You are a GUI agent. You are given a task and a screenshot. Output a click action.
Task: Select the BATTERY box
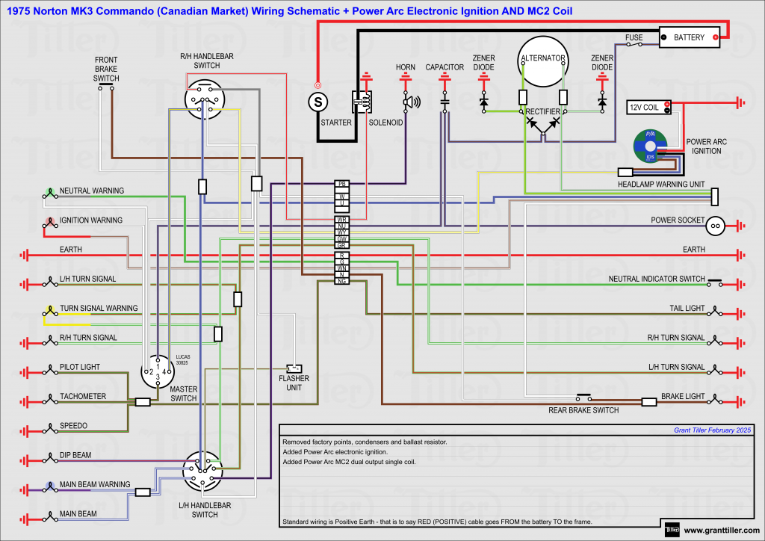coord(689,37)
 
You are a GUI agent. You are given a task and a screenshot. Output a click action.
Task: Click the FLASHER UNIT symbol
coord(294,368)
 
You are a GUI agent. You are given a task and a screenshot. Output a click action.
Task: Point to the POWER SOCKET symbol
coord(715,224)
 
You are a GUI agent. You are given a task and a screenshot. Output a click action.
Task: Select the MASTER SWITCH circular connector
coord(158,371)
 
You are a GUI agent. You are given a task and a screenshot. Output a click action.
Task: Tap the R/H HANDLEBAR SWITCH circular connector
coord(205,99)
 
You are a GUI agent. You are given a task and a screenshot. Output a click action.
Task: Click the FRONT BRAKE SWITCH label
coord(106,68)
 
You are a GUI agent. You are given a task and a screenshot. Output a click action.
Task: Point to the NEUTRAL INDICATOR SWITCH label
coord(657,279)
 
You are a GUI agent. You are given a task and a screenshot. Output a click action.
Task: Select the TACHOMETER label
coord(83,396)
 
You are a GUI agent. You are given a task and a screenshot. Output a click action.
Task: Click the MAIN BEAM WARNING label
coord(95,484)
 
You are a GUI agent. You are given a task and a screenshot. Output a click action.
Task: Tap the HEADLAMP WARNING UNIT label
coord(661,184)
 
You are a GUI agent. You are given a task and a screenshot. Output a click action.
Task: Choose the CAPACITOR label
coord(445,67)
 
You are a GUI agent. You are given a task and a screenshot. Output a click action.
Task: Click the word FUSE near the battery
coord(634,37)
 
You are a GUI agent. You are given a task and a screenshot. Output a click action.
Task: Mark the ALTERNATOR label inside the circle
coord(543,58)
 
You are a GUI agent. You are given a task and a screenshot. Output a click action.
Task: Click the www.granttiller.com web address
coord(721,531)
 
